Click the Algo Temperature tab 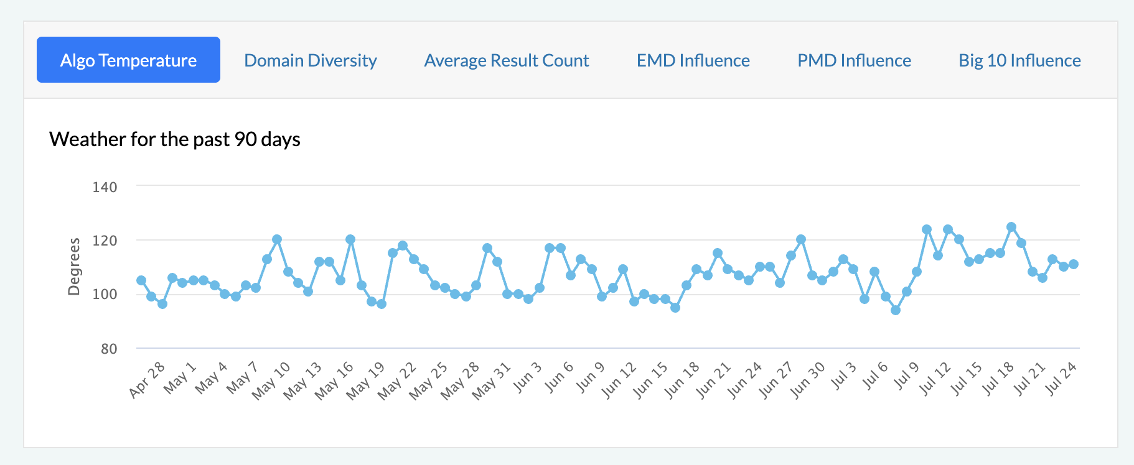click(x=128, y=60)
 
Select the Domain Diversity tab click(x=310, y=60)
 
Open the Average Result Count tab click(x=506, y=60)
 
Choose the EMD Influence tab click(x=693, y=60)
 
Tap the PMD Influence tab click(x=854, y=60)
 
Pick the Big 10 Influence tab click(x=1019, y=60)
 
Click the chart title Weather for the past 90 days click(x=174, y=139)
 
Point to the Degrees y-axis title click(x=74, y=266)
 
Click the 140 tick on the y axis click(x=105, y=187)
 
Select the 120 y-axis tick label click(x=105, y=241)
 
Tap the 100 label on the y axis click(x=105, y=295)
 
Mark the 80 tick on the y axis click(x=109, y=349)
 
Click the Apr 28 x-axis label click(x=148, y=379)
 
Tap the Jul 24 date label click(x=1061, y=379)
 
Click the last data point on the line click(x=1073, y=264)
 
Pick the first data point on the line click(x=141, y=280)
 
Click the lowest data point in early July click(x=896, y=310)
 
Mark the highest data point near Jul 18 click(x=1011, y=227)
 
